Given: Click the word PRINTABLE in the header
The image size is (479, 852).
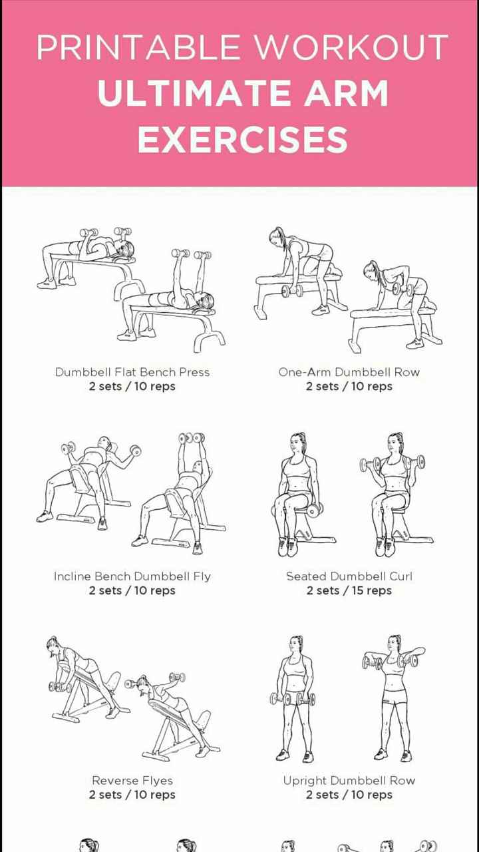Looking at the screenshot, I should tap(140, 48).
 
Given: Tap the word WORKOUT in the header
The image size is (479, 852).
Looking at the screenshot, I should tap(351, 48).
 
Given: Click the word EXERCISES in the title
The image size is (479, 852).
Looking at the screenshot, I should tap(243, 139).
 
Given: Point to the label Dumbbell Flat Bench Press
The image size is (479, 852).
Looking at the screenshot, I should tap(132, 372).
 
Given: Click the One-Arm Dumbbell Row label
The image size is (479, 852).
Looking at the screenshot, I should tap(349, 372).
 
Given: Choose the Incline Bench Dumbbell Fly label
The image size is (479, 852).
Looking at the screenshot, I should tap(132, 576).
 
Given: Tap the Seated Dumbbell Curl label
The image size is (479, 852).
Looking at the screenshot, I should tap(349, 576).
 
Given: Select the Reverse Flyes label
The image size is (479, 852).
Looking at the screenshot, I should tap(132, 780).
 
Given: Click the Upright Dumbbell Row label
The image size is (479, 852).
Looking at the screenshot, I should tap(349, 780).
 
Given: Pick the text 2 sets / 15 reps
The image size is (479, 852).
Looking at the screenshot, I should tap(349, 591).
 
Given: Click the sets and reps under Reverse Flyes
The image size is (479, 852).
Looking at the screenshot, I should tap(132, 795).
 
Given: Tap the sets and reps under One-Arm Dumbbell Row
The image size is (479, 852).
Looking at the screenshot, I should tap(349, 387).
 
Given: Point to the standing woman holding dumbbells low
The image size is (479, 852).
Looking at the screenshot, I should tap(293, 699).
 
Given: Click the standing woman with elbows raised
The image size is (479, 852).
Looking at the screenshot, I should tap(393, 699).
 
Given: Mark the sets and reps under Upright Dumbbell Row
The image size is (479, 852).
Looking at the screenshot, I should tap(349, 795).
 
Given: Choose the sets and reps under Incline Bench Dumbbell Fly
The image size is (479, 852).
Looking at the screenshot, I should tap(132, 591).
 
